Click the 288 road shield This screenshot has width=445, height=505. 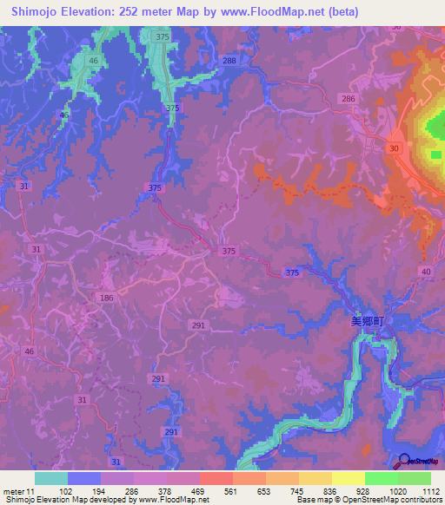coord(229,60)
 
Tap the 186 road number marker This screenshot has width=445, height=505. coord(106,298)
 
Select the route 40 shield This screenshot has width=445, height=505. coord(426,272)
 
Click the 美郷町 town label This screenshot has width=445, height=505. coord(367,320)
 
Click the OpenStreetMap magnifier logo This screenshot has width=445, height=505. coord(405,461)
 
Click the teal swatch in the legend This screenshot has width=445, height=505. coord(50,478)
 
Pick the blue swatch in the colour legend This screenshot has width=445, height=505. coord(83,478)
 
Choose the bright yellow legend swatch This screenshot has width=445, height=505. coord(348,478)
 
